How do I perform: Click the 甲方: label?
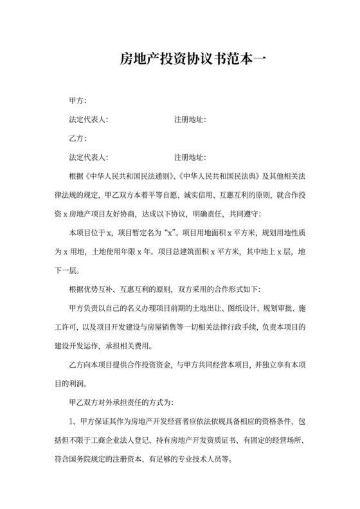77,100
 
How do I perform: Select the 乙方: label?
77,138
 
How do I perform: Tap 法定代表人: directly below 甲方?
88,120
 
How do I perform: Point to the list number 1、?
73,422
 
